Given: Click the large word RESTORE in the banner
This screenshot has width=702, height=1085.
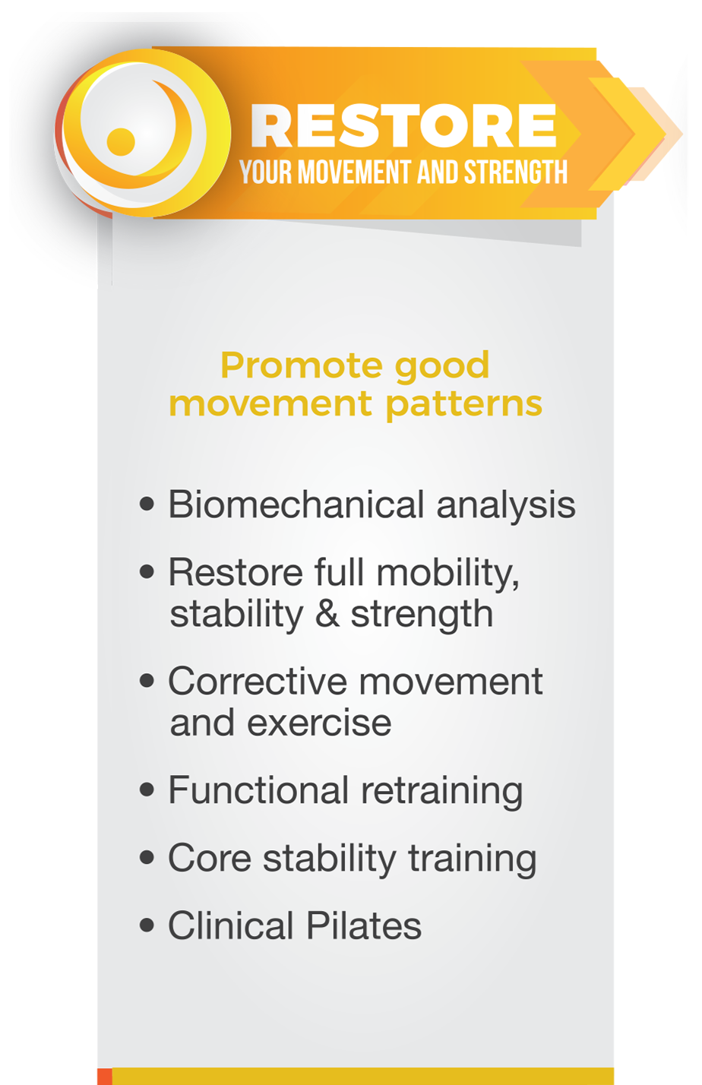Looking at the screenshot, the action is click(403, 125).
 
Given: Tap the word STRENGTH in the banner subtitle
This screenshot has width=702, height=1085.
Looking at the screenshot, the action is click(516, 172).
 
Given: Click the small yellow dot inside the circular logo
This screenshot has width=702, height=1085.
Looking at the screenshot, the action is click(121, 142).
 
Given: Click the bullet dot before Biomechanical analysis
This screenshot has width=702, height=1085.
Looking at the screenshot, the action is click(147, 505).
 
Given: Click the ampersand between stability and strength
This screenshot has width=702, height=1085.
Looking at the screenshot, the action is click(327, 614).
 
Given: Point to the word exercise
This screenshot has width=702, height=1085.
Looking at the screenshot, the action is click(319, 723).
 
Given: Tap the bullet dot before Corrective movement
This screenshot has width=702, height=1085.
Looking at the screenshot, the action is click(147, 681).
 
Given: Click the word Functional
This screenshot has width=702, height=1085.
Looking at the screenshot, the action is click(258, 790).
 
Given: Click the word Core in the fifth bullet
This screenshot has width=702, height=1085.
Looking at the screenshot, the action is click(210, 859).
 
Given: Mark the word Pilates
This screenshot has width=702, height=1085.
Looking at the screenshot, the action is click(364, 925).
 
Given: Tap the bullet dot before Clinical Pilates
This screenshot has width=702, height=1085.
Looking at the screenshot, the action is click(147, 925).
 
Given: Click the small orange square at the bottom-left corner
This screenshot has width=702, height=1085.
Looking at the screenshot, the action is click(105, 1077).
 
